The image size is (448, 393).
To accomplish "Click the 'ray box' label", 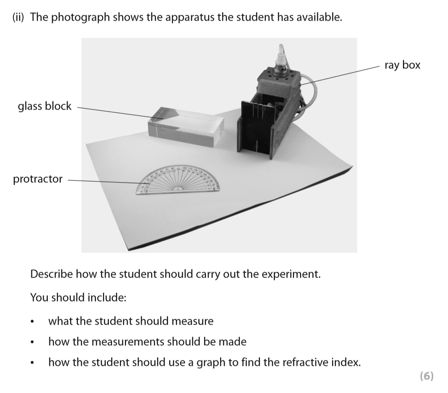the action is pyautogui.click(x=402, y=65).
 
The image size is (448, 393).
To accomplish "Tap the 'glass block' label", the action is pyautogui.click(x=45, y=106).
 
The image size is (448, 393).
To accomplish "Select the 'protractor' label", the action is pyautogui.click(x=38, y=179).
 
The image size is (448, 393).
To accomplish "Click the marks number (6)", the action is pyautogui.click(x=426, y=376).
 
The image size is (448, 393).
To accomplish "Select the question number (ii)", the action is pyautogui.click(x=19, y=17).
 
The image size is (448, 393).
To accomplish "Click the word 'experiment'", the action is pyautogui.click(x=291, y=274).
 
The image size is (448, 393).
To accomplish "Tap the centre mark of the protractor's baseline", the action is pyautogui.click(x=179, y=190).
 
